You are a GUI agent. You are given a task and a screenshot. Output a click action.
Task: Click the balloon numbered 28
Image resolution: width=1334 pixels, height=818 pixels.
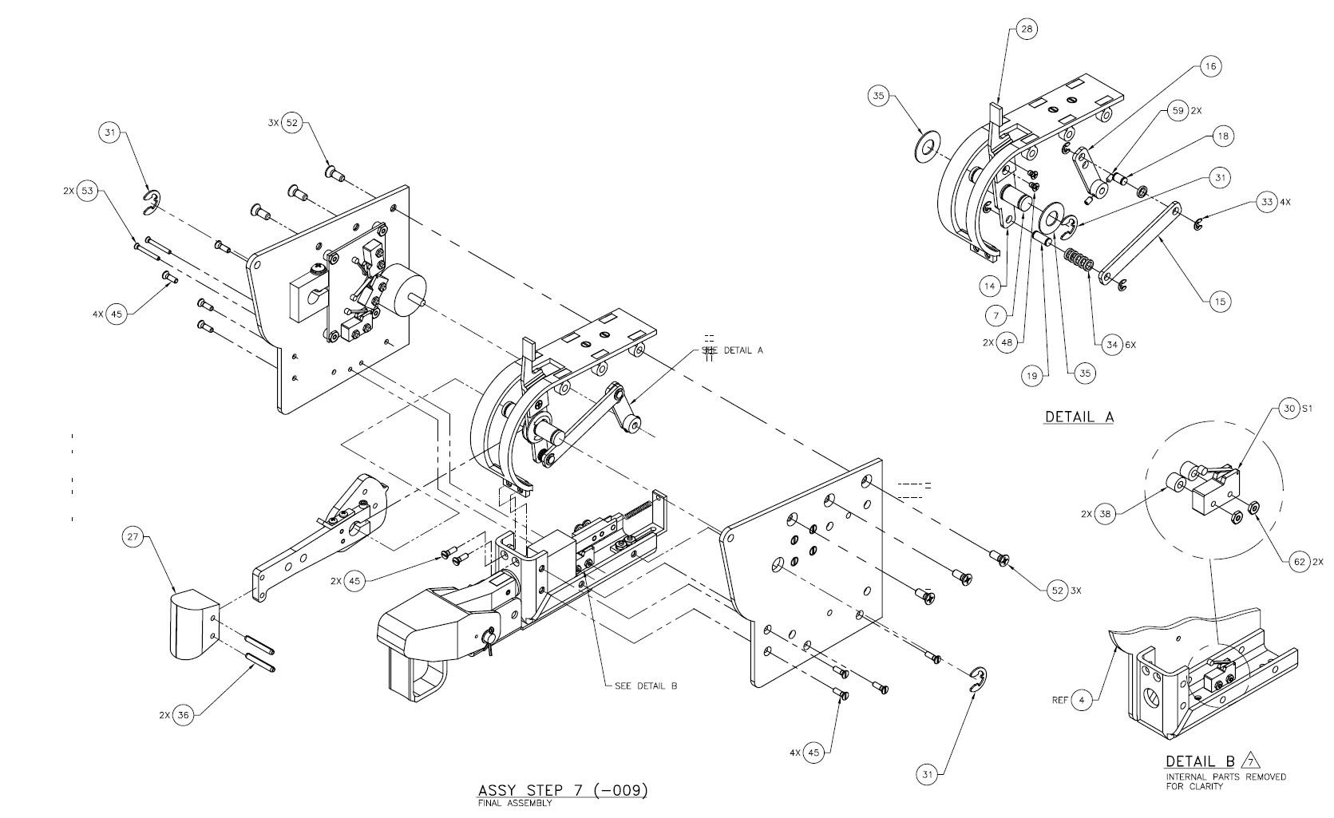(x=1026, y=30)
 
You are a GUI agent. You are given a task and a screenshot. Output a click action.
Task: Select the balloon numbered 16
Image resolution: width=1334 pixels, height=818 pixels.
(x=1210, y=66)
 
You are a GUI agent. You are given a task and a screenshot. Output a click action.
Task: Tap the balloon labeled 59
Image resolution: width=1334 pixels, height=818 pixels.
(x=1178, y=111)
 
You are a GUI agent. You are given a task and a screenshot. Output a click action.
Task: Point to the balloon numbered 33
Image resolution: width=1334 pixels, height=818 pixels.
(x=1267, y=202)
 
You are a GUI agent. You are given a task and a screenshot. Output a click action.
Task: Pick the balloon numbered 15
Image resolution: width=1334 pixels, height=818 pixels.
(x=1221, y=301)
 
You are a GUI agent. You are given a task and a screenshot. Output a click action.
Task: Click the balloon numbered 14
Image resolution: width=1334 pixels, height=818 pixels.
(x=990, y=286)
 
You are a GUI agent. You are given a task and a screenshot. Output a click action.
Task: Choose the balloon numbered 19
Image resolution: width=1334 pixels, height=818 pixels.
(x=1032, y=376)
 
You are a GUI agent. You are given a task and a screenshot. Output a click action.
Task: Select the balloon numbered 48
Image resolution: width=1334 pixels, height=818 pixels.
(x=1007, y=343)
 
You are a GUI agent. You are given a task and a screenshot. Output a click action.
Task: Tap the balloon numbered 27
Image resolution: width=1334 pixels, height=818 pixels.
(x=133, y=537)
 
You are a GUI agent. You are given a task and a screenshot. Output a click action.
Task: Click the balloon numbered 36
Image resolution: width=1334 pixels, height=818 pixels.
(x=183, y=715)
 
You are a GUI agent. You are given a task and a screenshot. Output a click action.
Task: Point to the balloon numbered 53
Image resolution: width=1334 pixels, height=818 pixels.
(x=87, y=191)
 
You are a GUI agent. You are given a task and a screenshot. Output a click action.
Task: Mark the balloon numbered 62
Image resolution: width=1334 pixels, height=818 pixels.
(x=1300, y=562)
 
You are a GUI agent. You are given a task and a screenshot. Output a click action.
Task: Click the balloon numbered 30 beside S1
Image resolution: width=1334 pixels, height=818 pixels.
(x=1289, y=409)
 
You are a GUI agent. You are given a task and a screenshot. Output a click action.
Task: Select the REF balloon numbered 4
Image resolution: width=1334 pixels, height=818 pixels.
(x=1082, y=700)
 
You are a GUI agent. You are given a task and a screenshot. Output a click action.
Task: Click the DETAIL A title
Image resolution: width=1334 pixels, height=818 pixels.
(x=1079, y=417)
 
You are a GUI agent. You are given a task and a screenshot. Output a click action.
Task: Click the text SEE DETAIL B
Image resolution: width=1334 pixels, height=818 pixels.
(x=646, y=686)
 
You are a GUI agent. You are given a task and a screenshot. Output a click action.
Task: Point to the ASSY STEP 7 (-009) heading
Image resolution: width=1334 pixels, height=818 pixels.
(x=562, y=790)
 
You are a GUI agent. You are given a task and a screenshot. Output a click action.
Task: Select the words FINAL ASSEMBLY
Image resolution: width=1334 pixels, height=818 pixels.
(x=515, y=803)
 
